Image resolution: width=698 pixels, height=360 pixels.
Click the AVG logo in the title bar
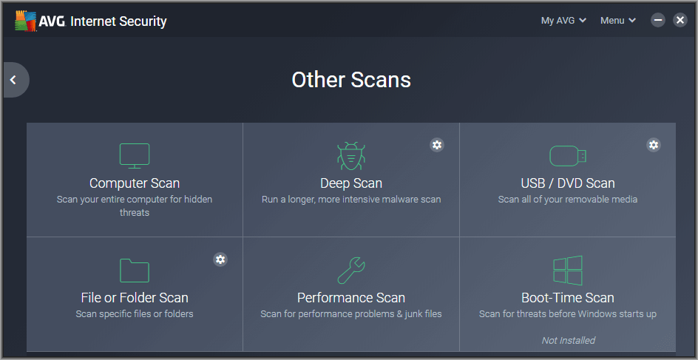click(25, 21)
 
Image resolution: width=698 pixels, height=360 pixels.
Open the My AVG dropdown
click(563, 21)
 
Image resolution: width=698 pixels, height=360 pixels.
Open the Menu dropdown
click(618, 21)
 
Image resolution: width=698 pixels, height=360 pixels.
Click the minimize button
click(658, 20)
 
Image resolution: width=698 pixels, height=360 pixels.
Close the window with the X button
click(680, 20)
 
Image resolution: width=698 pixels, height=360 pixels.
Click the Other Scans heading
click(350, 80)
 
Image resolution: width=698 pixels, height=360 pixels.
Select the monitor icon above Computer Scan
click(135, 156)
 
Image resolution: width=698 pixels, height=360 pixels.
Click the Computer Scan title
click(135, 183)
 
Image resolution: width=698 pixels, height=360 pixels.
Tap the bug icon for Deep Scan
click(351, 156)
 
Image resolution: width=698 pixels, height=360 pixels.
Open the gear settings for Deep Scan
click(437, 145)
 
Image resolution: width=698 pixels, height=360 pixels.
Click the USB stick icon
click(568, 156)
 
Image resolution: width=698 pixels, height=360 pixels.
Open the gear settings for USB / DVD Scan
click(653, 145)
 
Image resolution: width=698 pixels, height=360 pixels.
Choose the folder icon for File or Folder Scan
click(135, 270)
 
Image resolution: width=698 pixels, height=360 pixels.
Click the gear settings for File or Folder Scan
click(220, 259)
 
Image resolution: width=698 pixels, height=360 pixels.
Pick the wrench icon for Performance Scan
click(351, 270)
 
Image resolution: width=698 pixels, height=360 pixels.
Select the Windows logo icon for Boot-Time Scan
click(568, 270)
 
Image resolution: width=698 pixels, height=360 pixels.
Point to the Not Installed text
click(568, 341)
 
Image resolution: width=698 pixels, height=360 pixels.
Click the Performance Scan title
click(351, 297)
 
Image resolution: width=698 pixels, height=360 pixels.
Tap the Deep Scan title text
click(351, 183)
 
